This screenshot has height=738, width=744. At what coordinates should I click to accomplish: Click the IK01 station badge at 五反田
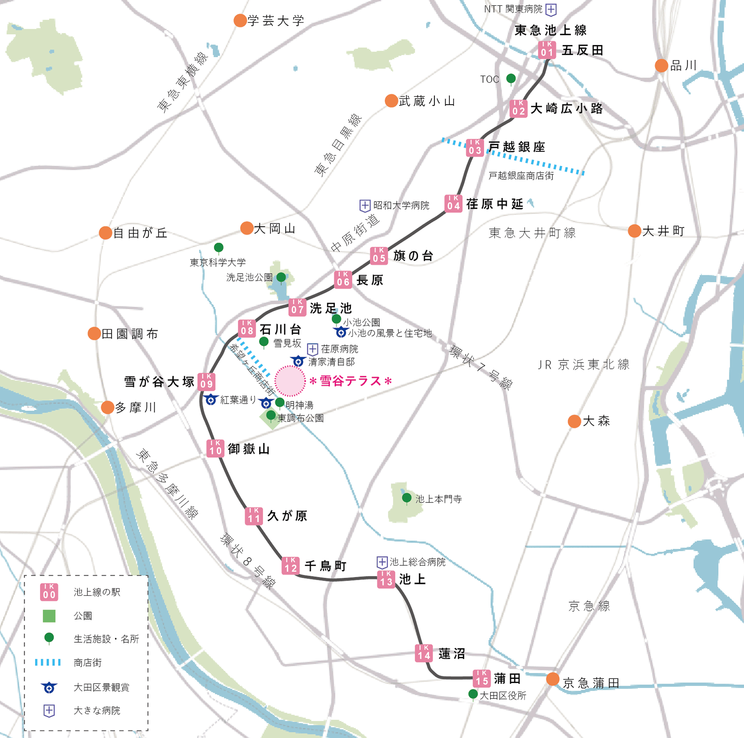pyautogui.click(x=547, y=50)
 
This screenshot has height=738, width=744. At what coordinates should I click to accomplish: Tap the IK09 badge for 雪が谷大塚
pyautogui.click(x=206, y=382)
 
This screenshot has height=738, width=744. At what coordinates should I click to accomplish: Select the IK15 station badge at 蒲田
pyautogui.click(x=482, y=678)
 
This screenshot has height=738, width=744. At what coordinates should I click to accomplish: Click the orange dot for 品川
pyautogui.click(x=661, y=65)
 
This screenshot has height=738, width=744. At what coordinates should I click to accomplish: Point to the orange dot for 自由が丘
pyautogui.click(x=105, y=233)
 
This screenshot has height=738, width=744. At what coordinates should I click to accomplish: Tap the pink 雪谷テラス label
pyautogui.click(x=350, y=381)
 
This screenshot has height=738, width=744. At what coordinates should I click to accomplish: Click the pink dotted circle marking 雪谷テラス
pyautogui.click(x=290, y=381)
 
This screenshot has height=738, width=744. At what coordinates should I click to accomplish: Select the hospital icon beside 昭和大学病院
pyautogui.click(x=365, y=206)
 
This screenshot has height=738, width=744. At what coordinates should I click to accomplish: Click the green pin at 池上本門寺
pyautogui.click(x=407, y=498)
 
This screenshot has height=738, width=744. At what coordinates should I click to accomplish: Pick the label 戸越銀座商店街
pyautogui.click(x=521, y=176)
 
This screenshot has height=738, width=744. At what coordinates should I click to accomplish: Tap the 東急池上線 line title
pyautogui.click(x=550, y=30)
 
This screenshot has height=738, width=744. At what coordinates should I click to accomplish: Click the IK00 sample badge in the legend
pyautogui.click(x=49, y=592)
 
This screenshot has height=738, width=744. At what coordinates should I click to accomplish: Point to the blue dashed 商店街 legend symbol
pyautogui.click(x=48, y=662)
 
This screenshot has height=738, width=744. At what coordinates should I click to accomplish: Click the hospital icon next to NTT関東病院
pyautogui.click(x=551, y=10)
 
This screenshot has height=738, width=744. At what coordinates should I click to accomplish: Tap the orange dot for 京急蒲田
pyautogui.click(x=552, y=679)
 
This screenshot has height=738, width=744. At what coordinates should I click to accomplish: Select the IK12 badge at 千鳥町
pyautogui.click(x=291, y=565)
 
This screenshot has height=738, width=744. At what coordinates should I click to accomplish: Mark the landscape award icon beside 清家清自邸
pyautogui.click(x=298, y=361)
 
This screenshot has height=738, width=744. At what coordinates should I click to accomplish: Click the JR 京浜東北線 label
pyautogui.click(x=583, y=365)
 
